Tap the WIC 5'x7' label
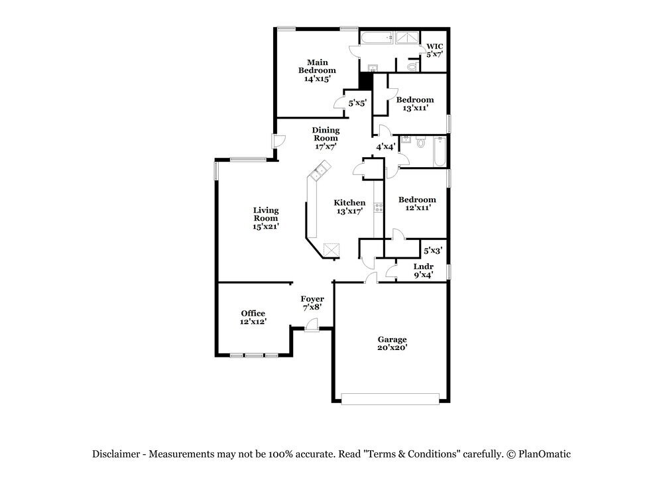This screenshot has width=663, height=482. tap(434, 50)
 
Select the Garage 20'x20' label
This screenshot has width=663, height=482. tap(392, 343)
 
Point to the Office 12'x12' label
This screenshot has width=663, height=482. tap(253, 317)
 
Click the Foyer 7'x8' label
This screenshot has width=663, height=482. tap(312, 303)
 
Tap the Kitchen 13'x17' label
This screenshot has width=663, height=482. tap(349, 207)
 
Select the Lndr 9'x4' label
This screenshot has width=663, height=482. tap(423, 271)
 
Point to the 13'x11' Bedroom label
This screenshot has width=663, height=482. tap(415, 103)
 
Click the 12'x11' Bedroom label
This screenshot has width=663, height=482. tap(417, 204)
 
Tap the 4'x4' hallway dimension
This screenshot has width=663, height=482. tap(386, 147)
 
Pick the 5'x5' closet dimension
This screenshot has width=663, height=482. tap(357, 102)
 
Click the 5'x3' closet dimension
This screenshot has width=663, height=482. tap(433, 251)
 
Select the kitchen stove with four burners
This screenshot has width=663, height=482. tap(379, 207)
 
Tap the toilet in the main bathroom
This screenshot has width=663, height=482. tap(413, 66)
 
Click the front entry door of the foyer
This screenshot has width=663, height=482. tap(312, 325)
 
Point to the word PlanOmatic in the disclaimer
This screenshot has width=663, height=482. tap(544, 454)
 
